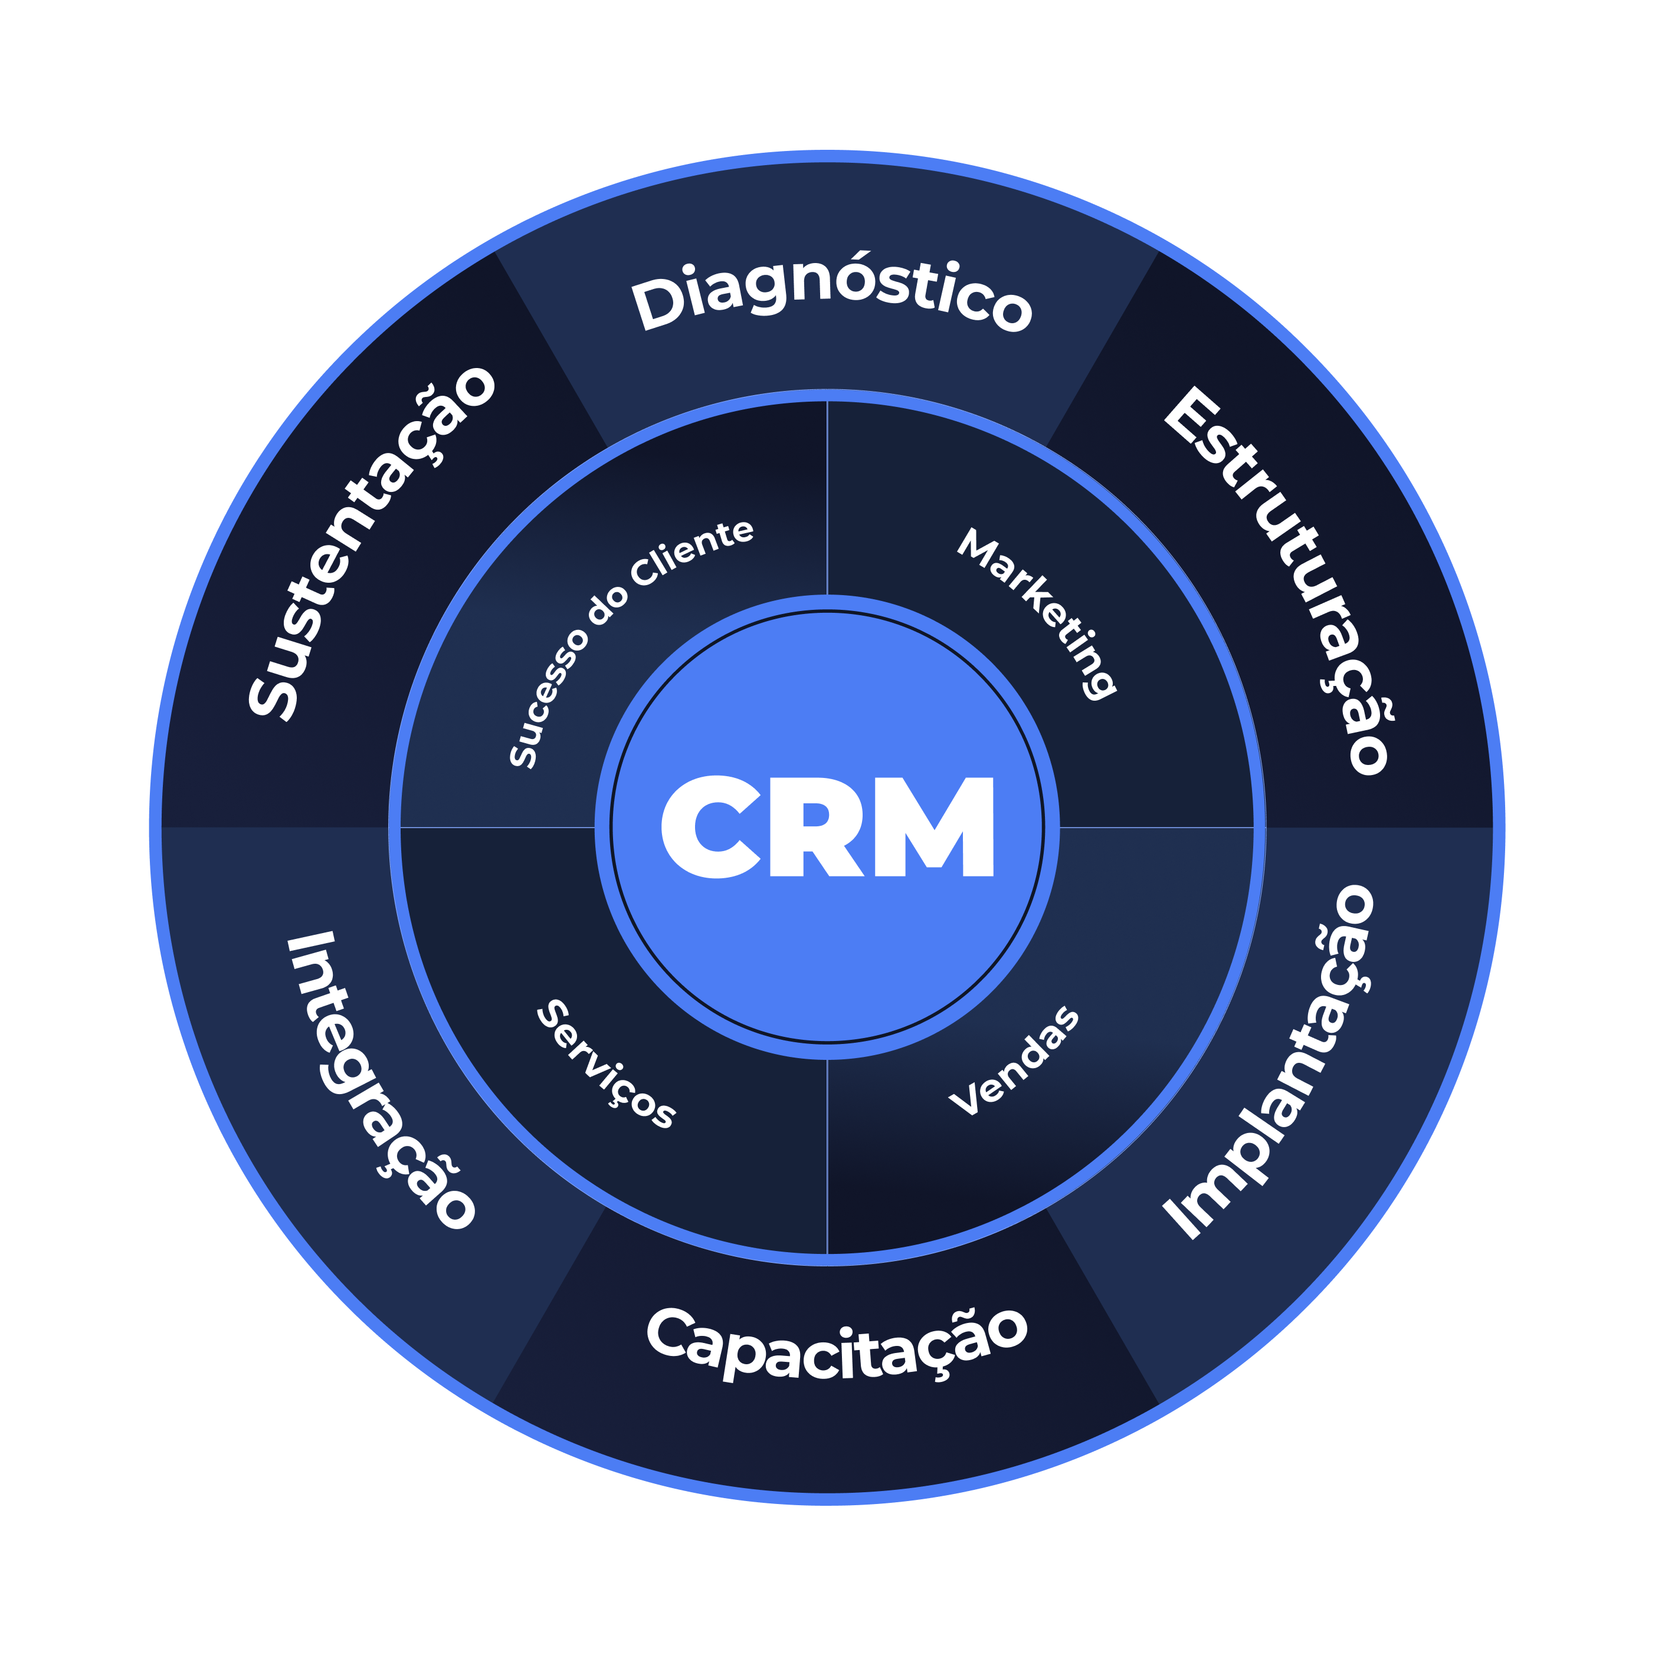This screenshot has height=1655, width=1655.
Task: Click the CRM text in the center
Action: pos(827,827)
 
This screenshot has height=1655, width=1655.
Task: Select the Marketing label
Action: pos(1038,612)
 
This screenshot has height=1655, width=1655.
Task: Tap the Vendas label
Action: pos(1015,1062)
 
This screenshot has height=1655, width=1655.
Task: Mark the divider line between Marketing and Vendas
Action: pos(1157,827)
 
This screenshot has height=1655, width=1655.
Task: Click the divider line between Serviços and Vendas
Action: pos(827,1157)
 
